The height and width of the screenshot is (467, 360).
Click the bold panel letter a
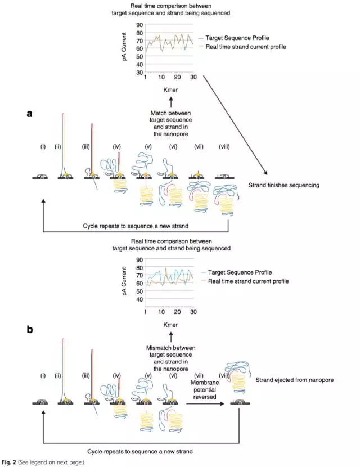(30, 113)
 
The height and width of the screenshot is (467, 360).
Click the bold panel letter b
(30, 330)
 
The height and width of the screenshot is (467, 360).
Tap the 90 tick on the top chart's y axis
(139, 25)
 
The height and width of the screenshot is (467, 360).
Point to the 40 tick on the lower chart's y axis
(139, 298)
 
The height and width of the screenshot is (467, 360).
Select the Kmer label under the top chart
(170, 90)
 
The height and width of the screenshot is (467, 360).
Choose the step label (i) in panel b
(43, 376)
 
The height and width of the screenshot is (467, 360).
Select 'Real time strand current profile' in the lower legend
(247, 281)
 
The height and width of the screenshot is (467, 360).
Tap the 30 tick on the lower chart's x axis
(193, 312)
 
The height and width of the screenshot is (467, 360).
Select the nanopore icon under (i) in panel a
(43, 176)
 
